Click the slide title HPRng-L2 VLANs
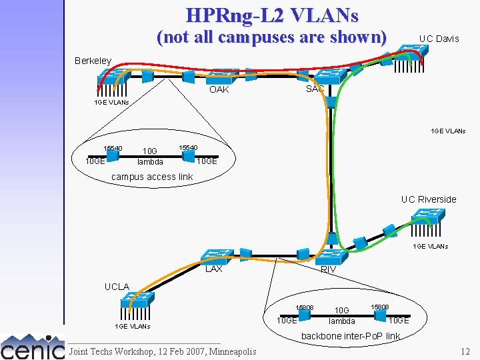tap(272, 15)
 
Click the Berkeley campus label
tap(93, 61)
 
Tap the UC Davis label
tap(439, 39)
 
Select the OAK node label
tap(219, 89)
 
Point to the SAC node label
tap(315, 89)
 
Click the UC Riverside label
tap(428, 199)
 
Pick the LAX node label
tap(213, 269)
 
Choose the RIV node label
tap(328, 269)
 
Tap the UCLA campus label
tap(117, 287)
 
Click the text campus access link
tap(152, 177)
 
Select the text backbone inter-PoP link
tap(351, 336)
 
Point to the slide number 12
tap(465, 351)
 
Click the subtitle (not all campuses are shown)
tap(271, 37)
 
